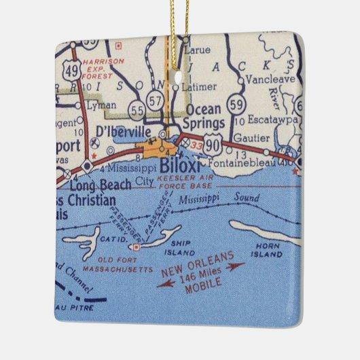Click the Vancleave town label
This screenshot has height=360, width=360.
[271, 96]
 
